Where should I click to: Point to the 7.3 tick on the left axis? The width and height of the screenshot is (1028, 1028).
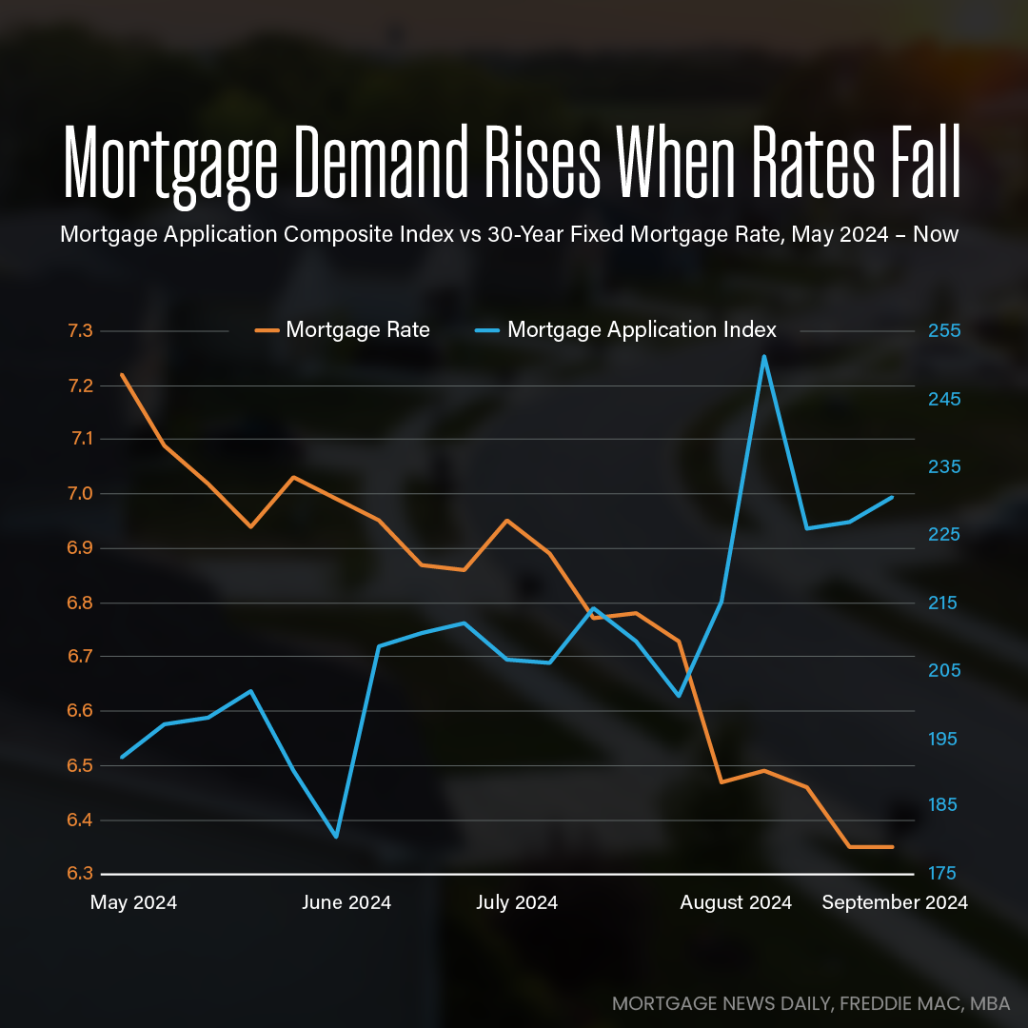coord(81,331)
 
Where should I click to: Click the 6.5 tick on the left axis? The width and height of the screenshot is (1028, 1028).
coord(81,766)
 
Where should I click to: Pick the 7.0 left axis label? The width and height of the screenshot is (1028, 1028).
coord(81,494)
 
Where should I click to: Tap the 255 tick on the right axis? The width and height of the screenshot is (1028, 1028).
coord(945,331)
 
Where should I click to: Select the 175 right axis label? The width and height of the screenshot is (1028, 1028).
coord(945,874)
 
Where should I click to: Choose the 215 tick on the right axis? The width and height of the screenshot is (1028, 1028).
coord(945,603)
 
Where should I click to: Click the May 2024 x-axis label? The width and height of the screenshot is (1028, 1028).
coord(133,902)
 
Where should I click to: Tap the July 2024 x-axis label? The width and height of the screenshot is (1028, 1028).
coord(517,902)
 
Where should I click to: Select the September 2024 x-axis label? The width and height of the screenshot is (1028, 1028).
coord(894,902)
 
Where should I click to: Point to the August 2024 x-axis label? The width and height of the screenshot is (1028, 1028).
coord(736,902)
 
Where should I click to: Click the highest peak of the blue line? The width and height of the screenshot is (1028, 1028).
coord(763,357)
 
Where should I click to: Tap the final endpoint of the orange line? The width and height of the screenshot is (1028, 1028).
coord(893,846)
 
